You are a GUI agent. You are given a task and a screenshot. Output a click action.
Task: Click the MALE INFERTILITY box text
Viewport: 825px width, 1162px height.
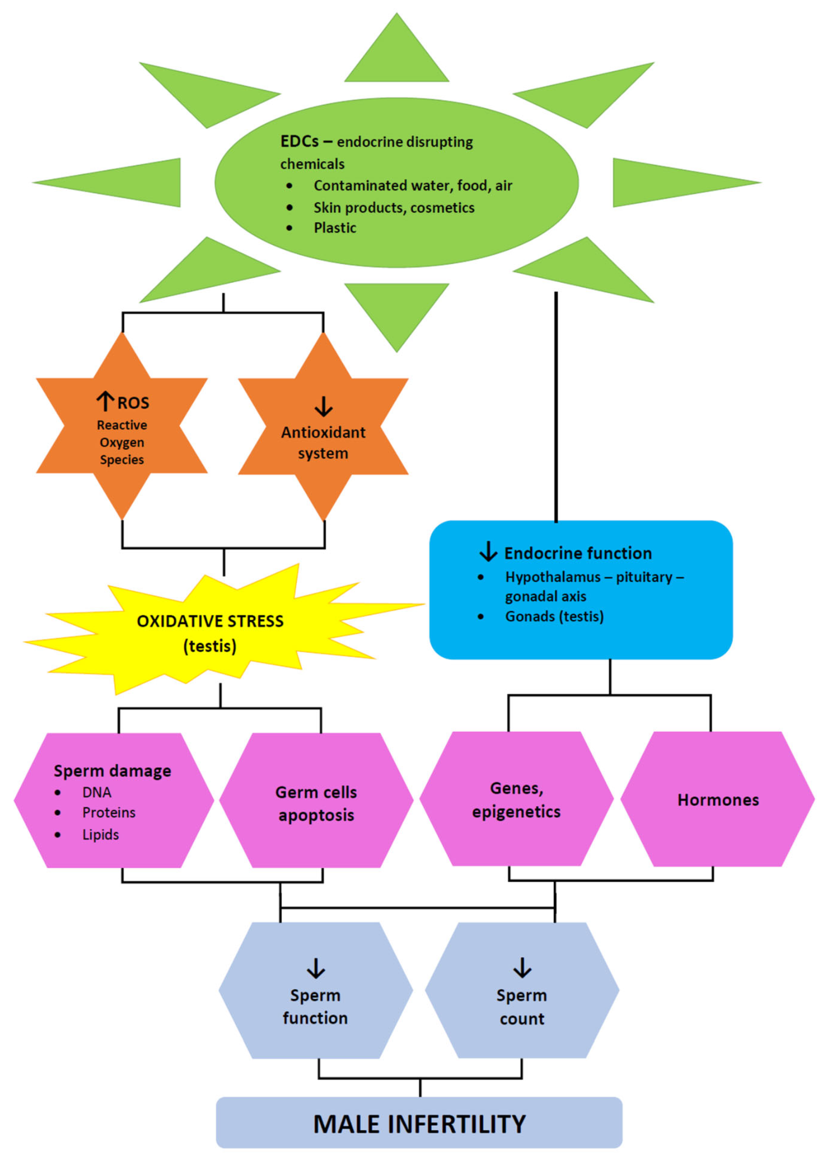tap(419, 1124)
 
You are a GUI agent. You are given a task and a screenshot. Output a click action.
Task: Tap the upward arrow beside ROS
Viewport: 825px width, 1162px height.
tap(105, 401)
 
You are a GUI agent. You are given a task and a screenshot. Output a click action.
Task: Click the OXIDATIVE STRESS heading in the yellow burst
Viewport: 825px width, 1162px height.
tap(210, 621)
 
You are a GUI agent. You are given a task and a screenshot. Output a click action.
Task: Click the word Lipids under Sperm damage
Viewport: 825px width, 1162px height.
tap(101, 835)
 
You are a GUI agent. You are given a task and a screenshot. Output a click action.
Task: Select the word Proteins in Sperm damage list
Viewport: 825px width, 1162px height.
tap(109, 812)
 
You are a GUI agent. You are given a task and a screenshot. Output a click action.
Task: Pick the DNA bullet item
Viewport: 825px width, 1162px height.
tap(97, 792)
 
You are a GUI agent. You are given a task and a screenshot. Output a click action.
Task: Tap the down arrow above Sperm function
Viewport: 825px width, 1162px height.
tap(316, 968)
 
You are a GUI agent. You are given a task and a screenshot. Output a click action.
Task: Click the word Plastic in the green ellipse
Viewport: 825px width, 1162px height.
tap(335, 228)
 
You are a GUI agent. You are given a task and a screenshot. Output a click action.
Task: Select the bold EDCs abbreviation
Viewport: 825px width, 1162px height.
tap(299, 141)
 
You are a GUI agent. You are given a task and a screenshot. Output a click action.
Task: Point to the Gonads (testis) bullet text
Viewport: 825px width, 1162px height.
tap(554, 617)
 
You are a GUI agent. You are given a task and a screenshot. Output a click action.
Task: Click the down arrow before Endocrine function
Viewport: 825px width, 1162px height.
tap(488, 551)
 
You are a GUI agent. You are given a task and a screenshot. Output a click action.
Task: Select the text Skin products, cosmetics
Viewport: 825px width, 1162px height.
tap(394, 207)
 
